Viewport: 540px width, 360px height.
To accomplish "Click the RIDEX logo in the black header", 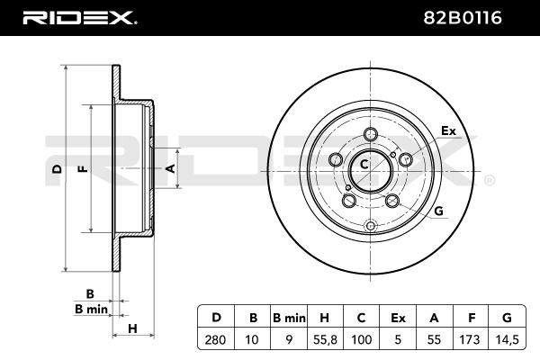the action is [79, 18].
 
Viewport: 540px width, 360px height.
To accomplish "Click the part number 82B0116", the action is [463, 18].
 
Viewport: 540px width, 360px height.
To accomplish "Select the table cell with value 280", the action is [216, 339].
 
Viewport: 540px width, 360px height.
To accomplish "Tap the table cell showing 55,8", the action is [325, 339].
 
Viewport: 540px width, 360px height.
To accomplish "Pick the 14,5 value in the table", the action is [508, 339].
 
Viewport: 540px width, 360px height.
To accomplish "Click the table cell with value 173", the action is [470, 339].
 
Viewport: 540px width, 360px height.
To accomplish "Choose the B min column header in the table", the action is [289, 318].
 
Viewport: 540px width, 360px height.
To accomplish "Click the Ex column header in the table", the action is [398, 318].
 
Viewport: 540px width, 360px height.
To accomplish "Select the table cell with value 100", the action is [361, 339].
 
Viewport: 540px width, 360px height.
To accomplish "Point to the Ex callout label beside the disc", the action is [448, 130].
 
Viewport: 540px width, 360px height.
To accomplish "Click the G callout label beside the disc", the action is [438, 211].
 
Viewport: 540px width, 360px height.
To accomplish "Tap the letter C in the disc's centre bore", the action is [364, 165].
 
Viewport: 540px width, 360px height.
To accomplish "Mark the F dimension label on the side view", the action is [83, 169].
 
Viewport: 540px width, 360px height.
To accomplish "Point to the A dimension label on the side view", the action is [170, 168].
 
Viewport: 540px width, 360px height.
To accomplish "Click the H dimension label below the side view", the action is [132, 328].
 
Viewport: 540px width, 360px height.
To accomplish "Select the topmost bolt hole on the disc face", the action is [371, 134].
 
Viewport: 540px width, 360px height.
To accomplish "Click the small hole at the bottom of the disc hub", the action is [371, 226].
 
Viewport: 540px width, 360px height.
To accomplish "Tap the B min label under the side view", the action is [91, 309].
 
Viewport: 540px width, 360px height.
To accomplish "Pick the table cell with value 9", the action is [289, 339].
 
